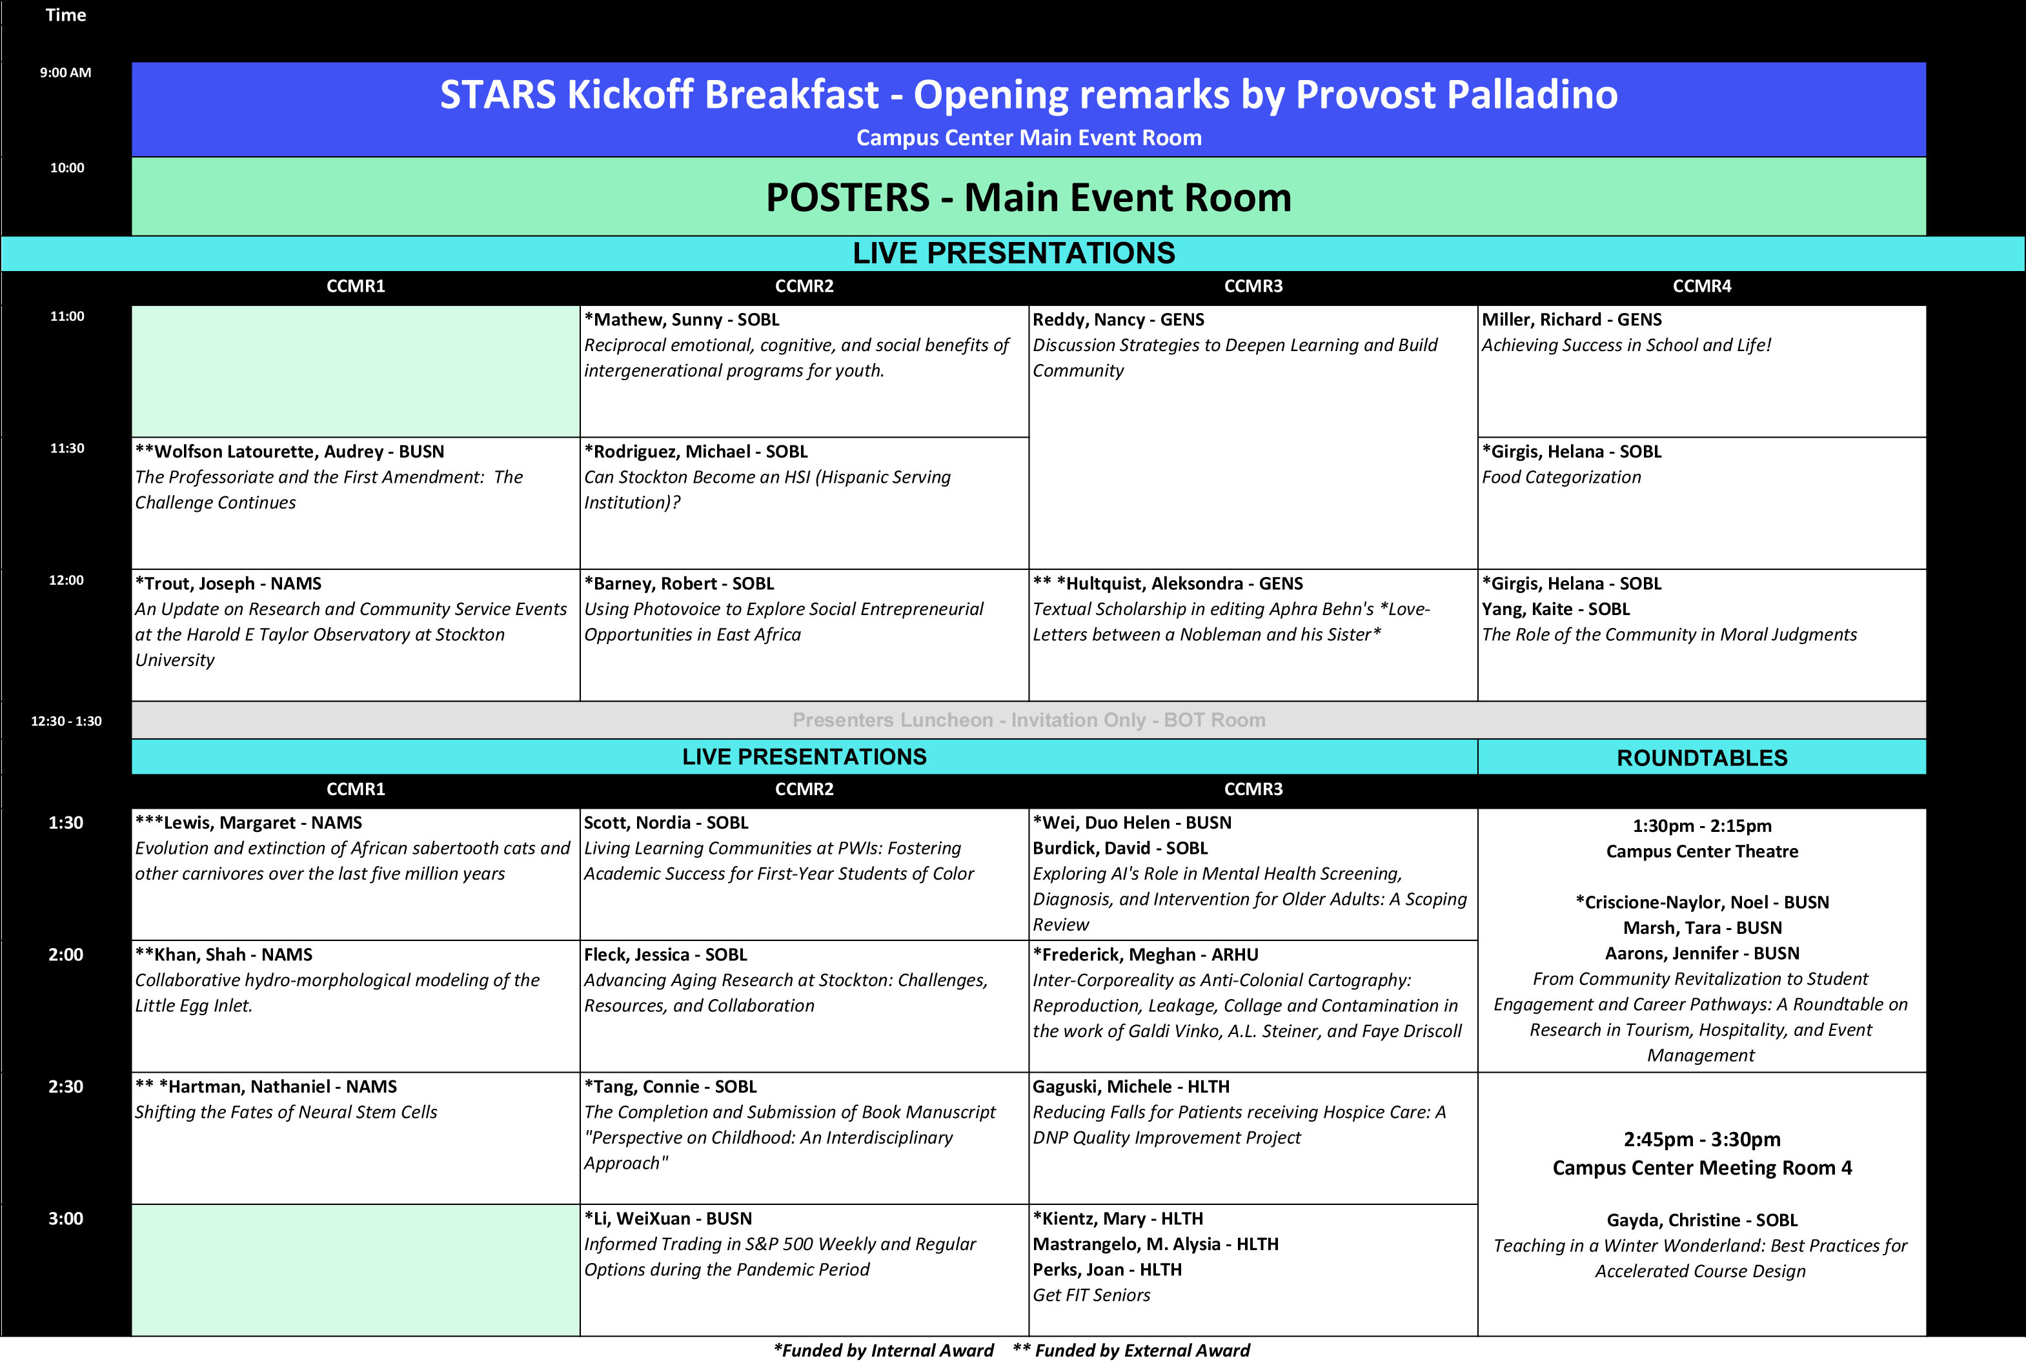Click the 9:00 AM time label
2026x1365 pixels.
tap(65, 72)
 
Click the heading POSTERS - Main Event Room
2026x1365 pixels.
tap(1028, 197)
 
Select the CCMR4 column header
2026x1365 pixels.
tap(1701, 287)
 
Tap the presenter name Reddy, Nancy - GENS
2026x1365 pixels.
tap(1118, 319)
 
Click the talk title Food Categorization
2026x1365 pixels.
tap(1561, 477)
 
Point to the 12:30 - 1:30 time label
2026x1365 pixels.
tap(66, 721)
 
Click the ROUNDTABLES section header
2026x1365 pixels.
tap(1701, 758)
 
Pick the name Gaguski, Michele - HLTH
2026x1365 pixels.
tap(1131, 1086)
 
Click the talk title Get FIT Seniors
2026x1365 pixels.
tap(1091, 1295)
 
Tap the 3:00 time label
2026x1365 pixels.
tap(65, 1218)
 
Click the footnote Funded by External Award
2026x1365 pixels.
tap(1131, 1350)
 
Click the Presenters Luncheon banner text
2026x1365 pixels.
tap(1028, 720)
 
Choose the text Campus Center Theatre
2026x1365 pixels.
tap(1701, 851)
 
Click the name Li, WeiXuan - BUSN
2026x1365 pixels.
tap(668, 1218)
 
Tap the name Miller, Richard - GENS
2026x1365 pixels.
tap(1572, 319)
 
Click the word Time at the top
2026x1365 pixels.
tap(65, 15)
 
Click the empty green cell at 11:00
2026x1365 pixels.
tap(355, 371)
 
